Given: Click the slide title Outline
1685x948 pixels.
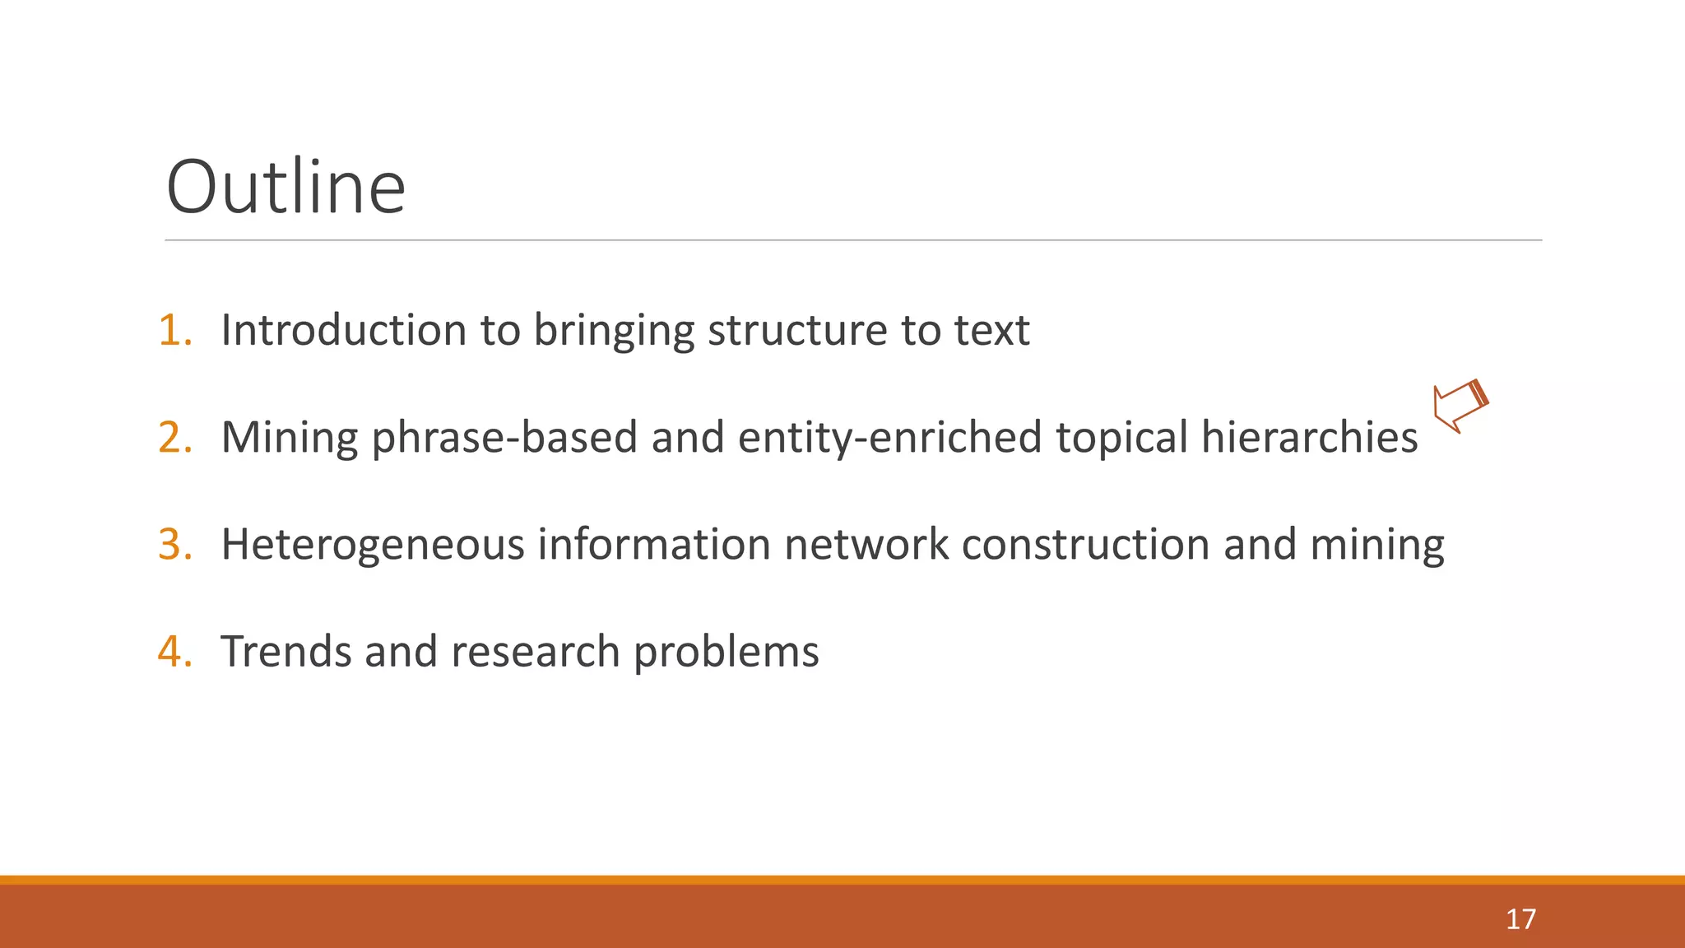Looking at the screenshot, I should coord(285,188).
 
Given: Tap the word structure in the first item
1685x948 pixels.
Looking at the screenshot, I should coord(797,330).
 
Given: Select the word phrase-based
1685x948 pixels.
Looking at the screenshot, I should coord(504,437).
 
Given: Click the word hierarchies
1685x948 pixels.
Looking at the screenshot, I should coord(1309,437).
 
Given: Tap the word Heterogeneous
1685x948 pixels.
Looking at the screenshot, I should coord(373,544).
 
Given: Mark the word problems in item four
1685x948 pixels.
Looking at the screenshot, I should coord(726,651).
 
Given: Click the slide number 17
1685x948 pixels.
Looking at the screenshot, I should coord(1520,919).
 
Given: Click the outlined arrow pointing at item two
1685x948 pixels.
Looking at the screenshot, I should coord(1460,406).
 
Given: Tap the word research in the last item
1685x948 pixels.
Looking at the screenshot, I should coord(536,651).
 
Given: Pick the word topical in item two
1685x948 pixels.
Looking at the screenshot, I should coord(1122,437).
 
